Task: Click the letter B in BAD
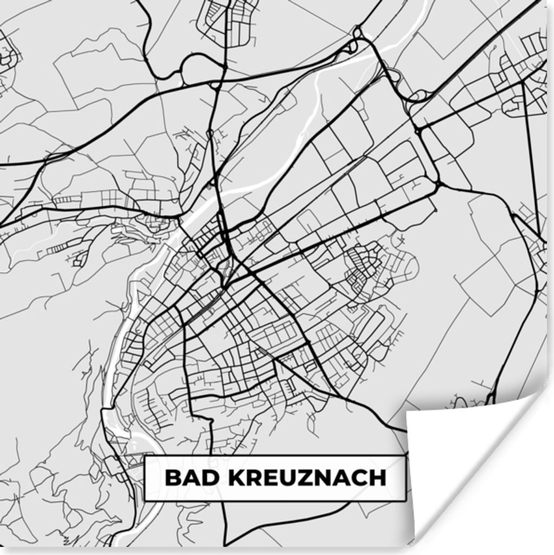pos(172,478)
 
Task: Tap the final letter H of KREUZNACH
pos(378,478)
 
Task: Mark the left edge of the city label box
pos(145,478)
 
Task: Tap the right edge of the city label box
pos(405,478)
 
